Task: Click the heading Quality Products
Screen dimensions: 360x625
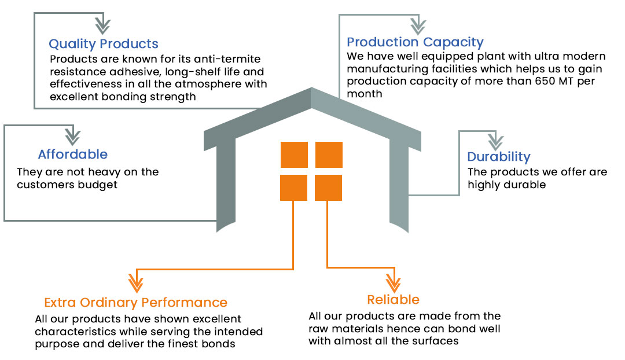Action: (103, 44)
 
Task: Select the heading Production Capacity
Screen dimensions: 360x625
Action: (414, 42)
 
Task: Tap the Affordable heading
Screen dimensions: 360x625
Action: (72, 155)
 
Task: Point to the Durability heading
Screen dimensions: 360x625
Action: (498, 156)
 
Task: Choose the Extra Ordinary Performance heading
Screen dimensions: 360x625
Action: (135, 302)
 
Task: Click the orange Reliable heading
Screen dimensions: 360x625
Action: (393, 299)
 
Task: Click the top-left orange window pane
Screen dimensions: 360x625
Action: (293, 155)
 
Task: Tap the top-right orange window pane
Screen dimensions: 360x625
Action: (328, 155)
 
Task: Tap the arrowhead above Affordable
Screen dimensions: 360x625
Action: (72, 137)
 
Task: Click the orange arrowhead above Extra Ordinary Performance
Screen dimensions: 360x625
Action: (135, 283)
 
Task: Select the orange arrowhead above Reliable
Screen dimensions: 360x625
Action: (393, 282)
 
